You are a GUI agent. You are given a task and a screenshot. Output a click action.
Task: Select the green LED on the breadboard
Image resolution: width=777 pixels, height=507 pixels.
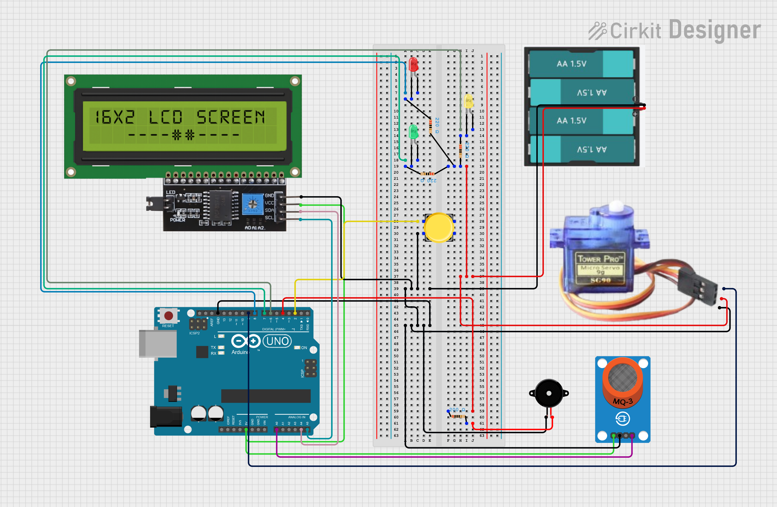click(x=413, y=131)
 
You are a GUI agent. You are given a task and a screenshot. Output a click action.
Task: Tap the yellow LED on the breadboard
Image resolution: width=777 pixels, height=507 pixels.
click(x=469, y=101)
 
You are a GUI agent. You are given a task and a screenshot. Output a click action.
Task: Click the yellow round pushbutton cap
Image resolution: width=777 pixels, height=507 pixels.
click(x=439, y=227)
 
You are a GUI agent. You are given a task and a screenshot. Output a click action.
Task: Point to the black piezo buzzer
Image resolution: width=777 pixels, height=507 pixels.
click(x=549, y=393)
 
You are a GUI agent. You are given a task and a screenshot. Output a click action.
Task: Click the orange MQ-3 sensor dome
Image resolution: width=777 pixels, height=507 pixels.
click(x=623, y=380)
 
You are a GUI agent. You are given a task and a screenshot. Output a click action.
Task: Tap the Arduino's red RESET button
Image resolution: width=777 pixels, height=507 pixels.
click(x=168, y=316)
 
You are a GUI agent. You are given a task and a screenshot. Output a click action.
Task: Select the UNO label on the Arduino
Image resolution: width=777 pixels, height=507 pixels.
click(x=277, y=341)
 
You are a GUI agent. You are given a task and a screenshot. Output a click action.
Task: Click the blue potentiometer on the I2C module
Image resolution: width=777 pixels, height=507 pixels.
click(x=252, y=204)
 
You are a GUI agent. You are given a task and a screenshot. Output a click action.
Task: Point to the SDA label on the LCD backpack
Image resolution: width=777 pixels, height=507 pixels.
click(x=269, y=210)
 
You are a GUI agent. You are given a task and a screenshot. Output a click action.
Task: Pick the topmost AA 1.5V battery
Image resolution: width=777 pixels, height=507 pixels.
click(x=581, y=64)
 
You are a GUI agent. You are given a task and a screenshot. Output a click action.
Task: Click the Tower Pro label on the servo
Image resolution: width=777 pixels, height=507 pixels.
click(x=600, y=259)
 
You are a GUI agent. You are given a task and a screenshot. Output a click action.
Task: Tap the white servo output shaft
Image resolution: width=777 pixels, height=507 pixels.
click(x=616, y=206)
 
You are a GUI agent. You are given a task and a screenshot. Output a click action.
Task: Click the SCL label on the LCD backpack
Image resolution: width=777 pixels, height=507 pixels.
click(x=269, y=218)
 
